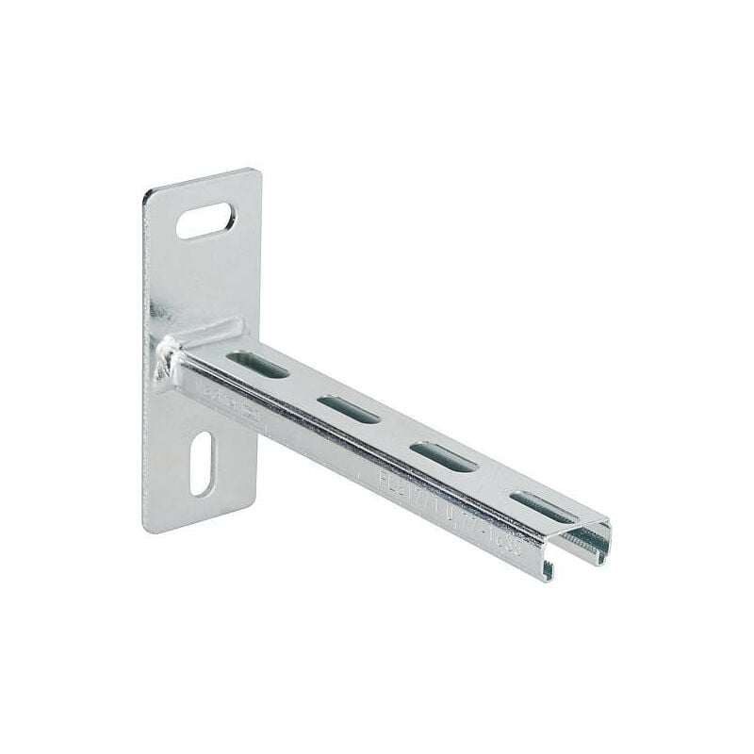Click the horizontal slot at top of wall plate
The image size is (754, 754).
205,221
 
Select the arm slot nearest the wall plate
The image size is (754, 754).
256,364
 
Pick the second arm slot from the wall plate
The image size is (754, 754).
348,409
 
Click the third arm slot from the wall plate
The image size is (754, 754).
443,456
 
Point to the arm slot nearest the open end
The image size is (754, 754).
541,506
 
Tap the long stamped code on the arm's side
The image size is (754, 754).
448,506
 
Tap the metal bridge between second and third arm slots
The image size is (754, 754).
396,433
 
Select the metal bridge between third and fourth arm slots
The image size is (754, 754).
492,482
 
